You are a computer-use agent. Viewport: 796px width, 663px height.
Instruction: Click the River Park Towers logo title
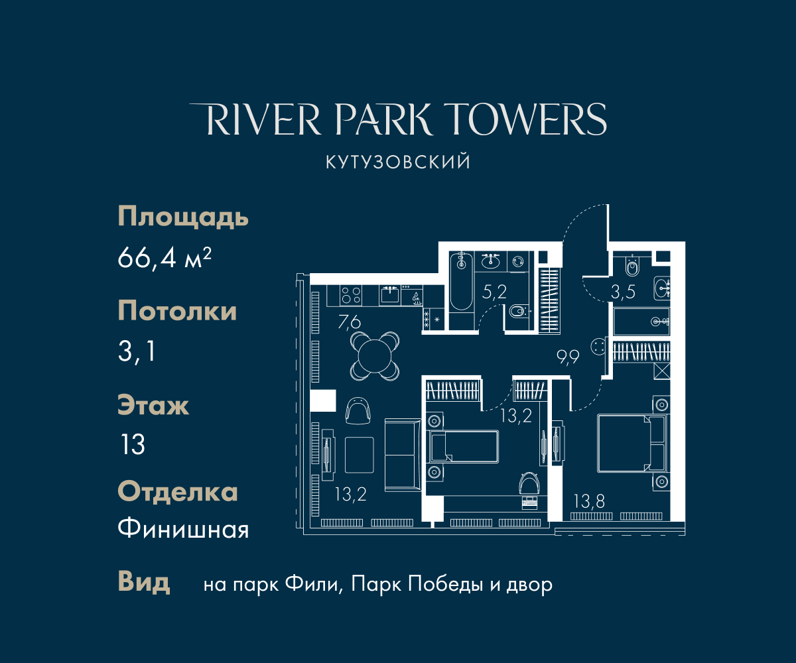click(x=397, y=119)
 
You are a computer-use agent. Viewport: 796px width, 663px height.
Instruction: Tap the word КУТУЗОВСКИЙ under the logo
click(x=398, y=162)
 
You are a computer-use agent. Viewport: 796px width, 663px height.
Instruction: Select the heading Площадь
click(x=183, y=217)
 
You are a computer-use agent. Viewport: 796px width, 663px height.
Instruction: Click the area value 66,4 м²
click(x=165, y=258)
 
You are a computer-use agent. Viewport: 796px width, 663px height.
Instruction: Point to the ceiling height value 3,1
click(x=137, y=351)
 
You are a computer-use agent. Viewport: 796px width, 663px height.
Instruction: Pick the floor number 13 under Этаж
click(x=133, y=444)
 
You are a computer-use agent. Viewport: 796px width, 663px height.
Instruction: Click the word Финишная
click(x=183, y=529)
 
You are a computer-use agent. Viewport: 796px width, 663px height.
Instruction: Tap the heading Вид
click(x=144, y=582)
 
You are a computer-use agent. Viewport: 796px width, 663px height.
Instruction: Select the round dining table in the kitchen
click(x=375, y=356)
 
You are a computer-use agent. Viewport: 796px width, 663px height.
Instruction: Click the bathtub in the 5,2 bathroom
click(x=461, y=281)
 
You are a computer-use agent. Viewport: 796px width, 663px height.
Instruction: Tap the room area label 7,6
click(x=349, y=322)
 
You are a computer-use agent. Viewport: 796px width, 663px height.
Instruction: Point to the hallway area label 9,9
click(x=568, y=357)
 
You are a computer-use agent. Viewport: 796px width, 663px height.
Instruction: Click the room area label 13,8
click(x=590, y=501)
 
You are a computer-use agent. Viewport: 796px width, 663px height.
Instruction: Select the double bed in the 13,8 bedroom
click(x=632, y=443)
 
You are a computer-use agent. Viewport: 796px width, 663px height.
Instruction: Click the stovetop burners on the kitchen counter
click(x=351, y=295)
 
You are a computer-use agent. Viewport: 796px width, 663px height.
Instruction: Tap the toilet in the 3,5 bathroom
click(x=632, y=266)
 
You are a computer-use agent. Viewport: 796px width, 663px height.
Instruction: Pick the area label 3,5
click(x=623, y=292)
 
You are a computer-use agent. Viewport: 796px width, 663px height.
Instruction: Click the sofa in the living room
click(x=403, y=455)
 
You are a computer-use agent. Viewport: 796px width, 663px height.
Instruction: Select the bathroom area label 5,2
click(x=494, y=292)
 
